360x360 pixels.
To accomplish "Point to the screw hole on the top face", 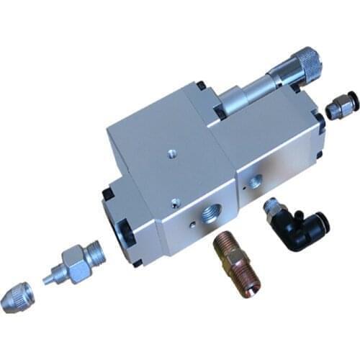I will (x=170, y=153).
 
